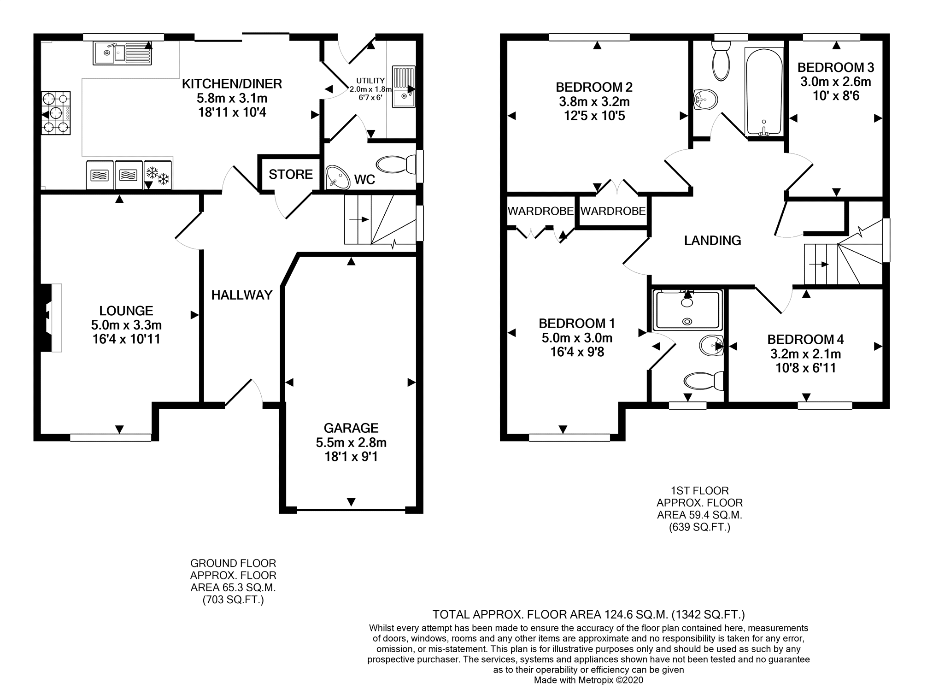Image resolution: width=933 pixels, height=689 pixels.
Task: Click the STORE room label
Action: (290, 174)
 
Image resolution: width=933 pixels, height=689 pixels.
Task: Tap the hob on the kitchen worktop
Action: (56, 113)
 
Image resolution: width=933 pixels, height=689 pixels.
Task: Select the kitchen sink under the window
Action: (122, 53)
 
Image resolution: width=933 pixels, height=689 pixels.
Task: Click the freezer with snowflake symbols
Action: (158, 175)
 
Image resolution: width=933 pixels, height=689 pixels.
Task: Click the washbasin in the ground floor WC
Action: (339, 177)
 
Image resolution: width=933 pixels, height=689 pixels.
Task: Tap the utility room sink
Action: (404, 87)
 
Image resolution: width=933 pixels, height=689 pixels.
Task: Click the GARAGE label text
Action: (351, 428)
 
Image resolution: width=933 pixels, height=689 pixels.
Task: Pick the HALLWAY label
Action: (242, 295)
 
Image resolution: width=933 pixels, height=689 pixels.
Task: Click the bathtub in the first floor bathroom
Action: (763, 92)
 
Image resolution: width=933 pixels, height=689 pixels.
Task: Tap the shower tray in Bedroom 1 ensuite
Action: (688, 310)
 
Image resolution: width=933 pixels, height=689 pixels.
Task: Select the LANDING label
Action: (712, 240)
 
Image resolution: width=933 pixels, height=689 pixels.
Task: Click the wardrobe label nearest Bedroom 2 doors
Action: (613, 211)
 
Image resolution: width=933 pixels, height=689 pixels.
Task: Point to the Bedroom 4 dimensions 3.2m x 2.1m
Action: (805, 354)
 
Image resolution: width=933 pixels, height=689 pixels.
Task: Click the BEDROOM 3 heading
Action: (835, 68)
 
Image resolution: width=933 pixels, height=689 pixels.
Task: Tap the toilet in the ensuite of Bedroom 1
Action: (703, 381)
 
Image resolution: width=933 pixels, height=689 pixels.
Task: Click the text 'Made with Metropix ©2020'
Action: (588, 680)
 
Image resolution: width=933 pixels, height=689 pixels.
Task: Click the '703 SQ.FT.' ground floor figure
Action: (233, 600)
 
